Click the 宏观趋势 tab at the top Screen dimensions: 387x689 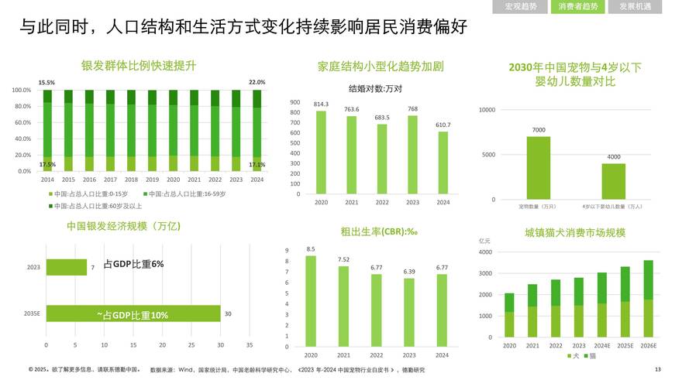tap(520, 7)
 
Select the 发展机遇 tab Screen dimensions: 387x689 tap(635, 7)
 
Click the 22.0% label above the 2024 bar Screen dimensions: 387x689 tap(257, 82)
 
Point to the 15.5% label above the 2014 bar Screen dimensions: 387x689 tap(47, 82)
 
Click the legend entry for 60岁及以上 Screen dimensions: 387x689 tap(98, 206)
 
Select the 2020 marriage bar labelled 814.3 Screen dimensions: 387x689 tap(321, 155)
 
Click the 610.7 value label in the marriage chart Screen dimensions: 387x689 tap(443, 124)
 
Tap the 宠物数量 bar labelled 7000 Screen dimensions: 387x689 tap(539, 168)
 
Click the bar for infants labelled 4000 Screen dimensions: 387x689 tap(614, 181)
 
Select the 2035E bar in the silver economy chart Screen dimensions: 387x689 tap(133, 313)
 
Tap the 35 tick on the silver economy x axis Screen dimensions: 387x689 tap(250, 344)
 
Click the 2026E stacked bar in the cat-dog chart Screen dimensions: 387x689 tap(648, 299)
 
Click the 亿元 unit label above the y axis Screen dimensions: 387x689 tap(487, 241)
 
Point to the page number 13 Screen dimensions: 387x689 tap(658, 370)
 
